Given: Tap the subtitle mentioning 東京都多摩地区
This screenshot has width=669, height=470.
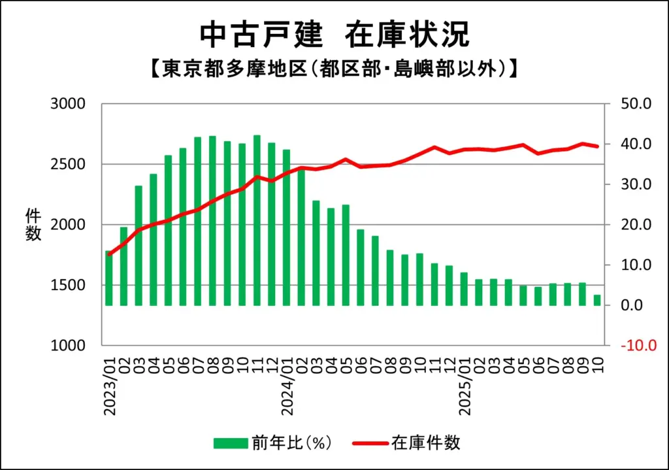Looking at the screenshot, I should (334, 69).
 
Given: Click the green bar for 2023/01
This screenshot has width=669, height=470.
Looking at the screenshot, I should (109, 278).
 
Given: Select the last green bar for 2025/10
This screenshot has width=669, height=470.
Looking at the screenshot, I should (596, 300).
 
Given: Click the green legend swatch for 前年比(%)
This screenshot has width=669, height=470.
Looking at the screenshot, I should (231, 443).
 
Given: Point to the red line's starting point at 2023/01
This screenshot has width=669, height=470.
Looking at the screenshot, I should (109, 254).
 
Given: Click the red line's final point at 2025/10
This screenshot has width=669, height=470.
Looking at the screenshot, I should (596, 146).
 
